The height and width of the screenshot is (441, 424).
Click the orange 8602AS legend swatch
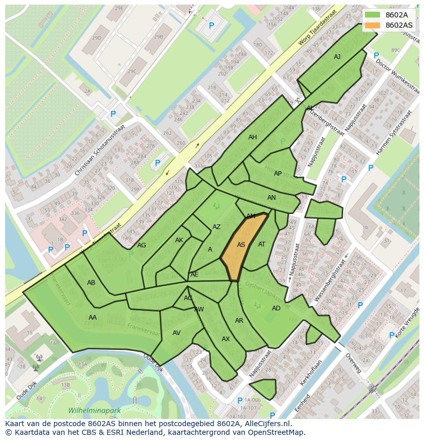click(x=373, y=25)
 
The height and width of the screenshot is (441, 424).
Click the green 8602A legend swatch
click(x=373, y=15)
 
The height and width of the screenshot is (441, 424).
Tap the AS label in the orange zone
click(x=241, y=245)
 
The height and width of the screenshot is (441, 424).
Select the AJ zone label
click(x=337, y=57)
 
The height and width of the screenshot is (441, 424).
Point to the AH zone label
click(x=252, y=137)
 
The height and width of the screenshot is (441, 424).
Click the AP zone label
click(x=278, y=174)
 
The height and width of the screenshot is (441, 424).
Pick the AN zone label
click(x=271, y=198)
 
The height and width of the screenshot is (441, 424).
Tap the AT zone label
click(x=262, y=244)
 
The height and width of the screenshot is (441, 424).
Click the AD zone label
click(x=276, y=308)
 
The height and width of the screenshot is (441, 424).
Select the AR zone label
click(x=239, y=321)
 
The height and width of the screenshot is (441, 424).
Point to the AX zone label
click(x=226, y=339)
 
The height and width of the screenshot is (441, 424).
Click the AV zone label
click(x=177, y=333)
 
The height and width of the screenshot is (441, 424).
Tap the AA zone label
click(x=93, y=318)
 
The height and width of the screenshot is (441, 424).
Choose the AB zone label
click(x=91, y=283)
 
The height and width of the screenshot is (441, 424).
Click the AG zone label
click(x=142, y=245)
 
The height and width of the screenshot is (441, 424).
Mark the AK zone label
click(x=179, y=240)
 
